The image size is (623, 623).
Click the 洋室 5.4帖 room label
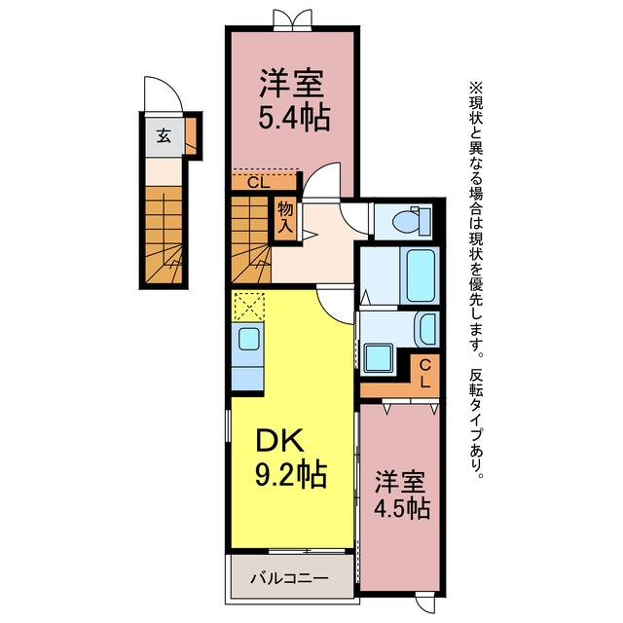[294, 99]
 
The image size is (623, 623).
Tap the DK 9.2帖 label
[291, 457]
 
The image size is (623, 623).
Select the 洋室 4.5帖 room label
[402, 495]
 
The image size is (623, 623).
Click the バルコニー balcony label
[290, 578]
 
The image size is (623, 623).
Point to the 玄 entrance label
[164, 136]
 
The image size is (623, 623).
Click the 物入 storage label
[285, 217]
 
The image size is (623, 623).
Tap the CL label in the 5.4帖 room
[259, 183]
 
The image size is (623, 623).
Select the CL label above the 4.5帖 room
[425, 374]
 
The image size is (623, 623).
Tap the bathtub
[420, 275]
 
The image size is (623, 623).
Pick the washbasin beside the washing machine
[426, 329]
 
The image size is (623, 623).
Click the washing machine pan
[378, 358]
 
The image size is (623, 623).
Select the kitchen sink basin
[249, 340]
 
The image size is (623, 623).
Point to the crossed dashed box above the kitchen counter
[249, 307]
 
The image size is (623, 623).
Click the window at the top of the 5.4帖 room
[292, 19]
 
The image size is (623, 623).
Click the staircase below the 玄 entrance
[164, 235]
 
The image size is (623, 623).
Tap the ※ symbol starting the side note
[476, 87]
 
